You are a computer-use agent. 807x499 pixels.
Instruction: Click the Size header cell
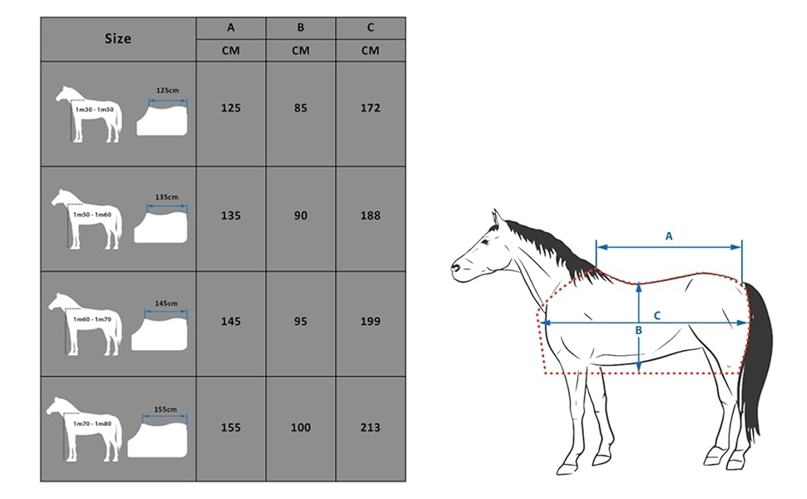(x=118, y=38)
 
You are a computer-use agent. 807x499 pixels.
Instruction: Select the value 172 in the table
(x=370, y=108)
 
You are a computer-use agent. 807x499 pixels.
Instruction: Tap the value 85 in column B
(x=300, y=108)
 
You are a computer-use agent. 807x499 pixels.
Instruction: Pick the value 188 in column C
(x=370, y=215)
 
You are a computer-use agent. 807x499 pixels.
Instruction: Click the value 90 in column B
(x=300, y=215)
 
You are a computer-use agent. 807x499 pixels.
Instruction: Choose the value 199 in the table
(x=370, y=321)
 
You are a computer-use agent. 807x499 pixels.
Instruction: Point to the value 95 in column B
(x=300, y=321)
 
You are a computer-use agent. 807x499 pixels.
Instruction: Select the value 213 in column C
(x=370, y=427)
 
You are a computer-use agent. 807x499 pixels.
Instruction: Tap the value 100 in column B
(x=300, y=427)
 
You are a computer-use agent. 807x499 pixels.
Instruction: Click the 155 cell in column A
(x=230, y=427)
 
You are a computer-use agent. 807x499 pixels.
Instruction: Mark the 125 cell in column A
(x=230, y=108)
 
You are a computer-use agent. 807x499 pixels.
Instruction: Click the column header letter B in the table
(x=300, y=27)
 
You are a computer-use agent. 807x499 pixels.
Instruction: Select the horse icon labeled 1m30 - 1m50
(x=88, y=114)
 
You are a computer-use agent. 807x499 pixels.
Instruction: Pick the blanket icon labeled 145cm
(x=161, y=329)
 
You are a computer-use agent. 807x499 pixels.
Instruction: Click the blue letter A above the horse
(x=669, y=236)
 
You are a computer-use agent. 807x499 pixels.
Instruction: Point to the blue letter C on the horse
(x=656, y=315)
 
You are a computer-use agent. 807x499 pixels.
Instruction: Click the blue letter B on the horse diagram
(x=638, y=330)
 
